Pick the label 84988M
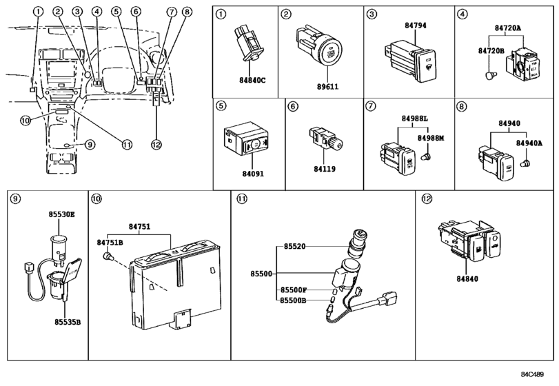[431, 139]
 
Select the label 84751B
[110, 242]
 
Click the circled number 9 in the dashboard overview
[89, 143]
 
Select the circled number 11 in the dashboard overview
[127, 143]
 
